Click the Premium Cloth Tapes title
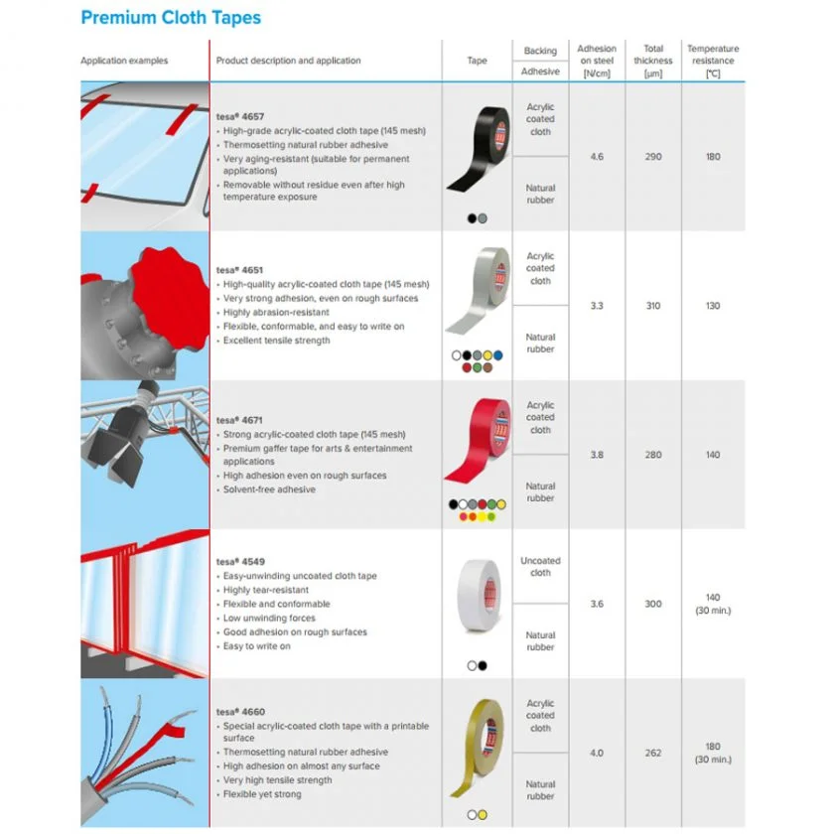[x=171, y=18]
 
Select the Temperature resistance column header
[x=713, y=61]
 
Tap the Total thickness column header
[x=653, y=61]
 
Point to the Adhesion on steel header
[x=597, y=61]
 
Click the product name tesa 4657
[x=240, y=116]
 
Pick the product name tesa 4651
[x=239, y=270]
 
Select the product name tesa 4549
[x=240, y=561]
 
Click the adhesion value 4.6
[x=597, y=157]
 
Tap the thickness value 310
[x=653, y=306]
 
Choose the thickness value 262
[x=653, y=753]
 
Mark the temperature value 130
[x=713, y=306]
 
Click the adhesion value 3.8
[x=597, y=455]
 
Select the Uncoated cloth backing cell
[x=540, y=567]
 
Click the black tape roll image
[x=479, y=148]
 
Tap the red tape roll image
[x=478, y=441]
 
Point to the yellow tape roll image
[x=478, y=748]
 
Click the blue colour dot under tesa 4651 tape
[x=497, y=355]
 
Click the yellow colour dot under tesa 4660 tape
[x=483, y=815]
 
